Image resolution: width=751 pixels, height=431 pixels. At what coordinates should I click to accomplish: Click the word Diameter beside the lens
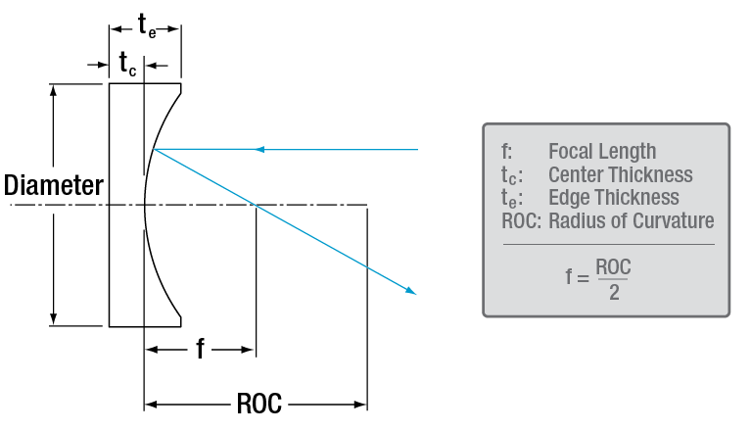(53, 185)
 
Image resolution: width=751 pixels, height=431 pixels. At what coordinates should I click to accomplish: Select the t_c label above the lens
(128, 65)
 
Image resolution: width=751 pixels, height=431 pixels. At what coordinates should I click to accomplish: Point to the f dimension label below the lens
(200, 349)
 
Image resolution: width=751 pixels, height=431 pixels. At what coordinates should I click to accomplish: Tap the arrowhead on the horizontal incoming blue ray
(259, 150)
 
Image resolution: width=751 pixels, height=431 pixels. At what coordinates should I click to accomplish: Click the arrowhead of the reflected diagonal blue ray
(410, 290)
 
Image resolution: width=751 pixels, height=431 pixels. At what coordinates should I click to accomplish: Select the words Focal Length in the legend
(601, 151)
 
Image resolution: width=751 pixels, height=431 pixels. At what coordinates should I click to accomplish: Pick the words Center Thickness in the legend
(620, 174)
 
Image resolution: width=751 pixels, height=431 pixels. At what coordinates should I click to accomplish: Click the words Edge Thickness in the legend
(613, 198)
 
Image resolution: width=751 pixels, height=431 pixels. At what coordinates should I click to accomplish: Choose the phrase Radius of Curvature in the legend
(631, 221)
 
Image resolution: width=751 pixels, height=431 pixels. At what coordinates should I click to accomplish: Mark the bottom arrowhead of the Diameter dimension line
(53, 319)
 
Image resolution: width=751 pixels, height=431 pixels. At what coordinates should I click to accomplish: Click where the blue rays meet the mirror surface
(154, 150)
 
